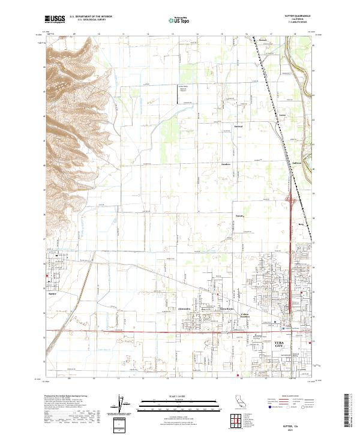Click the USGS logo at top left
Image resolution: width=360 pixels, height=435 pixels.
[55, 19]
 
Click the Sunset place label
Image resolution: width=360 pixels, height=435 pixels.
[240, 214]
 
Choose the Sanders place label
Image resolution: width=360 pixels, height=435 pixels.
[226, 163]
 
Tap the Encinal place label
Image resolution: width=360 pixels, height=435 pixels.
[238, 128]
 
